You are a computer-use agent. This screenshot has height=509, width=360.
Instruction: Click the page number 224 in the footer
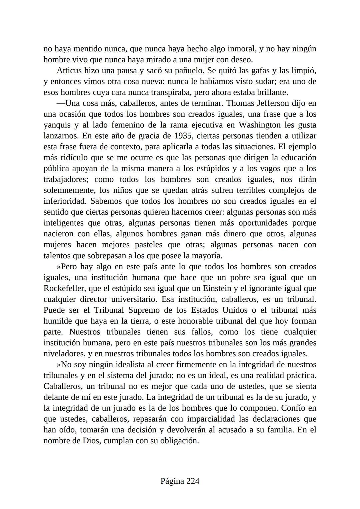coord(193,481)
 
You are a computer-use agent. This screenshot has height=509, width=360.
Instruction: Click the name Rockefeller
coord(63,288)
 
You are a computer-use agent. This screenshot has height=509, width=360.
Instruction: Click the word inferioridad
coord(65,201)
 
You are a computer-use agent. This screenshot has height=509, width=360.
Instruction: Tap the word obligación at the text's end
coord(179,441)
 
